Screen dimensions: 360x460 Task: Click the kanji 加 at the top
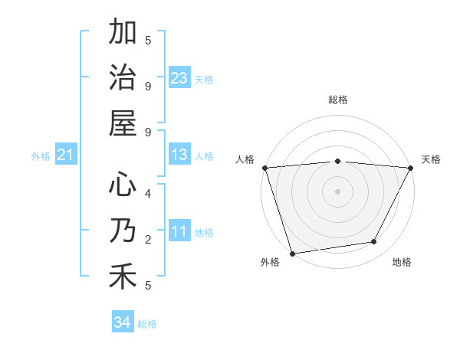point(123,34)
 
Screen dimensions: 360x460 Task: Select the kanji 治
point(123,78)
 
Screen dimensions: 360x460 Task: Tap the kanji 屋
point(123,123)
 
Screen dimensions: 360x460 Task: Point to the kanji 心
point(123,185)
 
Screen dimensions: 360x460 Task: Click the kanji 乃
point(123,231)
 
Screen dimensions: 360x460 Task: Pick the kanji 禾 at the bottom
point(123,276)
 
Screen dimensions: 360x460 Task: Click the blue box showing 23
point(179,78)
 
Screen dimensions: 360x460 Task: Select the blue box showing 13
point(179,155)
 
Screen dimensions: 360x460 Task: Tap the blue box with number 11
point(179,232)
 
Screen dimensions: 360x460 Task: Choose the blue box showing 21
point(66,155)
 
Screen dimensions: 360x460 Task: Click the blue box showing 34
point(123,323)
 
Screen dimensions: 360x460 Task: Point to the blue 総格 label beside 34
point(147,324)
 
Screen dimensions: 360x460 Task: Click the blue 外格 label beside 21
point(41,156)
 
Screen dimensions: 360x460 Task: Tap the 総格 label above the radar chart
point(338,100)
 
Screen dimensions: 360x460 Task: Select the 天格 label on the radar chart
point(431,159)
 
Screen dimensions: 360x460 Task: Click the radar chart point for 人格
point(265,168)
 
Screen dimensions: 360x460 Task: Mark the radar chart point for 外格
point(293,253)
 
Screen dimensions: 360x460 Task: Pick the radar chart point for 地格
point(374,242)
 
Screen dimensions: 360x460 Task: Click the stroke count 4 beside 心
point(148,193)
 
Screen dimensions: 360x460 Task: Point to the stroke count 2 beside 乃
point(148,240)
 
